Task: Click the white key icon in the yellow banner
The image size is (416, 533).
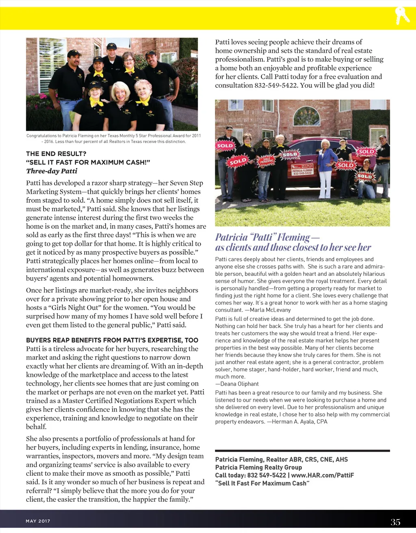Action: point(402,16)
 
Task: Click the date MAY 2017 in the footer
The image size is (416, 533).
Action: point(38,521)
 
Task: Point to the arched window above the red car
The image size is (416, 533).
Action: point(306,117)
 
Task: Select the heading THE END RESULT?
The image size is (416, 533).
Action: point(56,154)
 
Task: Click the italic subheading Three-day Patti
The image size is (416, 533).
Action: point(52,171)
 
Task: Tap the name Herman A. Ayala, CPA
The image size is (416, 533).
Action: point(299,422)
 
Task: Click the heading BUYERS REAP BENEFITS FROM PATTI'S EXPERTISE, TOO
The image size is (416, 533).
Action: point(112,340)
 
